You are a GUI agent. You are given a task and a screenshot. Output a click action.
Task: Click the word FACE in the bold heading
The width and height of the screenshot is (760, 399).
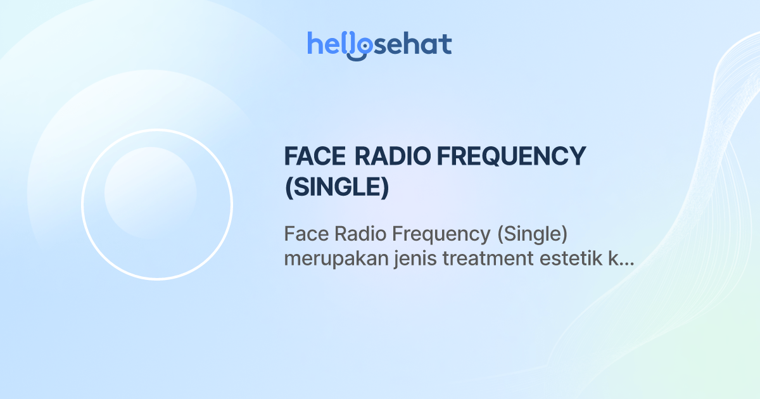[315, 156]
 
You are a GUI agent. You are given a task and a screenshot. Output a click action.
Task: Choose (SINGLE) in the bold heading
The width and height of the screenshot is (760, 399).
[336, 187]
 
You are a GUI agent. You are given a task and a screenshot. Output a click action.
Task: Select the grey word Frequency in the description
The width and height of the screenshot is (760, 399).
[442, 235]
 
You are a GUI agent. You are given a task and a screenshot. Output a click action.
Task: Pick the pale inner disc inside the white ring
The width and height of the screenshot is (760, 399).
[150, 193]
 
